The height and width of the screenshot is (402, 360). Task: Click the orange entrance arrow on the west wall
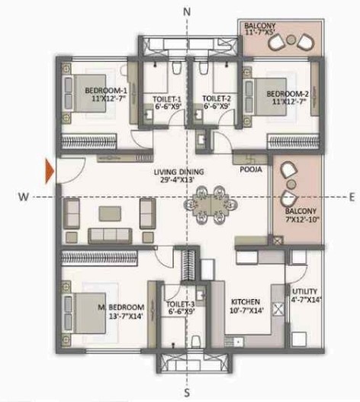tap(50, 169)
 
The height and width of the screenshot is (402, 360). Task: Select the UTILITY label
tap(302, 290)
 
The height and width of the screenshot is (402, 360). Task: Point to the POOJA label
tap(249, 170)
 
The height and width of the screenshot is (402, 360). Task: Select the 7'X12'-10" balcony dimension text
tap(301, 220)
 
